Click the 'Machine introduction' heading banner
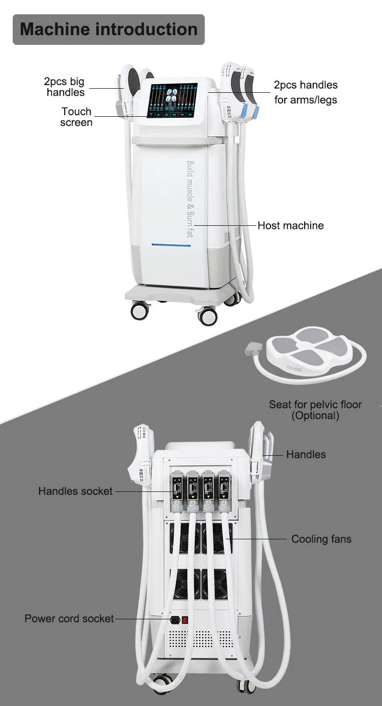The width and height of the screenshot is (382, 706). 108,29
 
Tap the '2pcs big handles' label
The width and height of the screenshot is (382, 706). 64,87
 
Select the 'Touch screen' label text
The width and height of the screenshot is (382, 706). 76,117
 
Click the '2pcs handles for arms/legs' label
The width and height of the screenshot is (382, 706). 306,92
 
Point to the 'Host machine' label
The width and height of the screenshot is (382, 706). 290,225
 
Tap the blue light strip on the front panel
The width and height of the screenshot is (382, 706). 171,246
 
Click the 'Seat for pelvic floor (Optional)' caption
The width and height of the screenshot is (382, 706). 315,410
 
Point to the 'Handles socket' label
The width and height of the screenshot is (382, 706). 75,491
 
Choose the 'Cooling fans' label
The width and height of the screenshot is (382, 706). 321,539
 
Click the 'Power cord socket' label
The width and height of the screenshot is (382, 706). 69,618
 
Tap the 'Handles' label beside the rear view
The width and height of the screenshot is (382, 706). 306,454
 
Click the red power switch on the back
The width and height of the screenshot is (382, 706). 185,620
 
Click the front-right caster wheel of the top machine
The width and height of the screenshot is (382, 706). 207,316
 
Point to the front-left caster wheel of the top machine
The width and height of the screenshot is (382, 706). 140,310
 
